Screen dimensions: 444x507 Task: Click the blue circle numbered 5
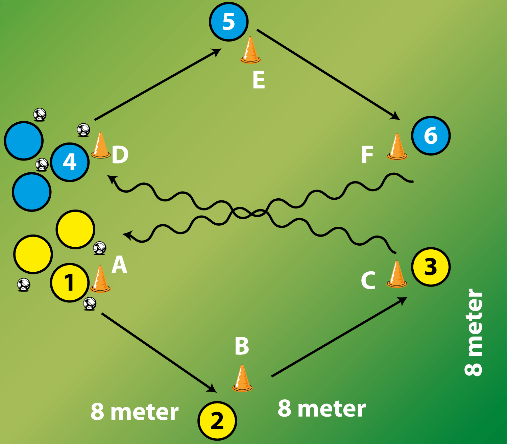[229, 22]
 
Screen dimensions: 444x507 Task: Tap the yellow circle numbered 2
[217, 421]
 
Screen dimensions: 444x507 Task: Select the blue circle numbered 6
[431, 135]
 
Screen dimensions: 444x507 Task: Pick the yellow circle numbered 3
[431, 267]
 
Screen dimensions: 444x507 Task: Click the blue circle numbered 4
[70, 162]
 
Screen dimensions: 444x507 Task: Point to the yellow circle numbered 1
[70, 282]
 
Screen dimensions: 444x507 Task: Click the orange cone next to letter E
[250, 51]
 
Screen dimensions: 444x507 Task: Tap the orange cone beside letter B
[242, 378]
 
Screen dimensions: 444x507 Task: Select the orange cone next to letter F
[397, 147]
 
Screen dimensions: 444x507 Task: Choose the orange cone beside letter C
[397, 274]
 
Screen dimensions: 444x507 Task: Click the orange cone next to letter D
[100, 146]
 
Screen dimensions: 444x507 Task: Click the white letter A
[119, 265]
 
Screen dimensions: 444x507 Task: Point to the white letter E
[259, 80]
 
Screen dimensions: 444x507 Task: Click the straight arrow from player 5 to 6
[328, 74]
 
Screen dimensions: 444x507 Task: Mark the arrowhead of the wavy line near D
[111, 178]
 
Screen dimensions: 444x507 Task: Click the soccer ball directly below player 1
[90, 303]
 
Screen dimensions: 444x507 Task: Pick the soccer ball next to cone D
[83, 129]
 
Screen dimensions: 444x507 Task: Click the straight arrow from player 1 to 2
[159, 353]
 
